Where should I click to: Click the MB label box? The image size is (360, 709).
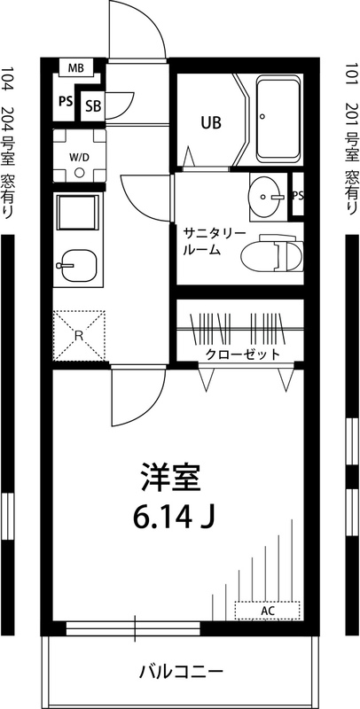[x=75, y=66]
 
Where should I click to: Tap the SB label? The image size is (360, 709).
[x=92, y=106]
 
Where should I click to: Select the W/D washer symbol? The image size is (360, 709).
[x=79, y=157]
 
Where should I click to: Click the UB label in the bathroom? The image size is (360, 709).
[x=210, y=122]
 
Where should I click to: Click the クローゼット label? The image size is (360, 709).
[x=242, y=354]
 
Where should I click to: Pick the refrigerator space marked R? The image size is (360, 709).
[x=78, y=335]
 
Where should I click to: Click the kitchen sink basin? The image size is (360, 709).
[x=78, y=262]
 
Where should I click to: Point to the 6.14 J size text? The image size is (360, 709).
[x=174, y=514]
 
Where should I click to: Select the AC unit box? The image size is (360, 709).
[x=267, y=610]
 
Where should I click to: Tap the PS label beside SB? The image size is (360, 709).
[x=65, y=102]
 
